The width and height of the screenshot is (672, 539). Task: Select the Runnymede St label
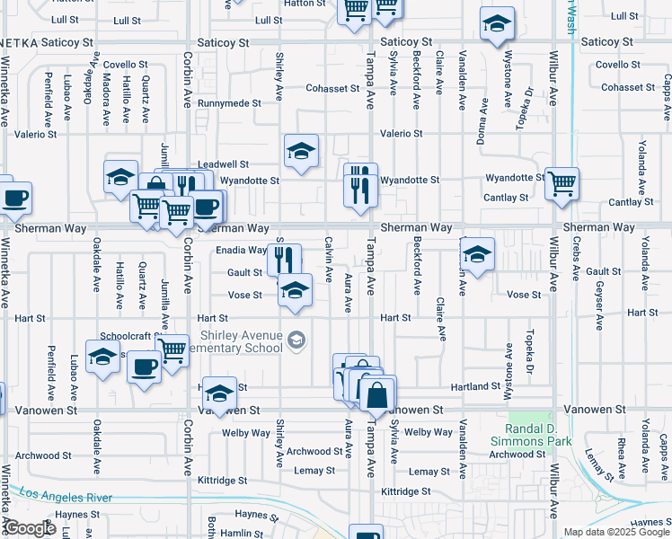[x=228, y=103]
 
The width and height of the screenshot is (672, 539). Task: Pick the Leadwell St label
[x=223, y=164]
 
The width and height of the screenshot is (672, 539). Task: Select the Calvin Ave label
[x=328, y=256]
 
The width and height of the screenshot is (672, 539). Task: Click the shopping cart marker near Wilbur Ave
[x=561, y=184]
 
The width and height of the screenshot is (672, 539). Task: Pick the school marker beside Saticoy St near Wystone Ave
[x=497, y=25]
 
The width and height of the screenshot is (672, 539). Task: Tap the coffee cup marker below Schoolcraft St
[x=144, y=367]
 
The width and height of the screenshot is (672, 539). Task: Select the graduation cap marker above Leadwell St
[x=302, y=151]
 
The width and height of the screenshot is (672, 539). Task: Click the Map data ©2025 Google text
[x=616, y=532]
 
